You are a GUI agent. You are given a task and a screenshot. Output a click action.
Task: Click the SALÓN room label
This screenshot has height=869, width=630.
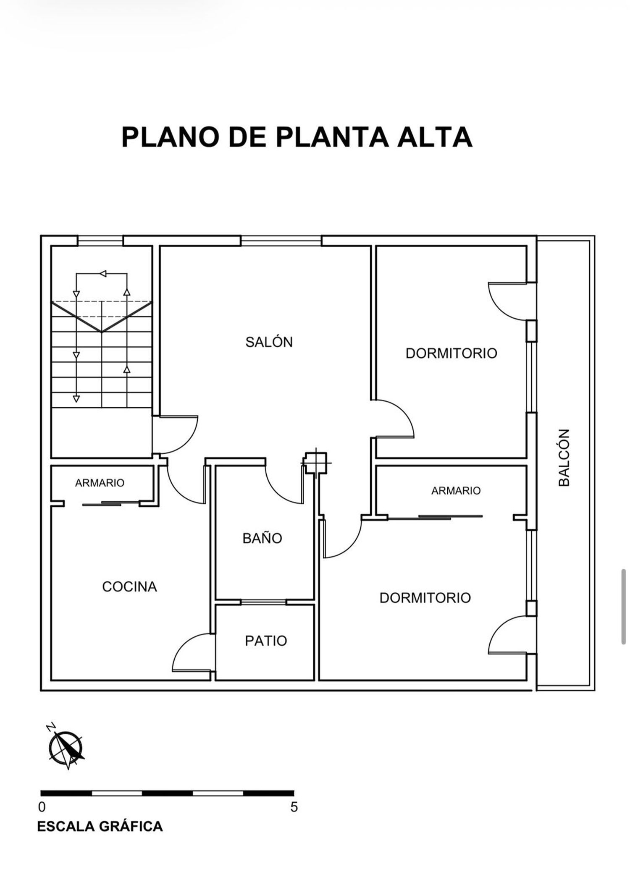(269, 342)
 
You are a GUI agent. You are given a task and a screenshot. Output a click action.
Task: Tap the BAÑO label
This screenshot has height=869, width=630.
(262, 538)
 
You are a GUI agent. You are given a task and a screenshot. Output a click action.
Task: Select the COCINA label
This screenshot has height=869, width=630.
(129, 586)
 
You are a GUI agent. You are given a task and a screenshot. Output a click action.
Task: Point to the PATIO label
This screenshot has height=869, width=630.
(266, 641)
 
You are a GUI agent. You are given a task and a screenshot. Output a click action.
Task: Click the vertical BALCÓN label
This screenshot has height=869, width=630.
(564, 458)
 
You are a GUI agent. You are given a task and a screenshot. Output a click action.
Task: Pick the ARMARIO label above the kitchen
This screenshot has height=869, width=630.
(100, 483)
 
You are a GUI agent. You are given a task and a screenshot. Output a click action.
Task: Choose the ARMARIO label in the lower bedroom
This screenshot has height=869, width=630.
(456, 490)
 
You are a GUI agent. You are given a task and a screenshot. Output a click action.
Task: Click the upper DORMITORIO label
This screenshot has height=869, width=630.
(451, 353)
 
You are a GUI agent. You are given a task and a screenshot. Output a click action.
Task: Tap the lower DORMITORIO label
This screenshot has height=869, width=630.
(425, 597)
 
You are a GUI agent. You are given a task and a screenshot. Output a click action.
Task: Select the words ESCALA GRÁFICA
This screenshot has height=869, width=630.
(100, 827)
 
